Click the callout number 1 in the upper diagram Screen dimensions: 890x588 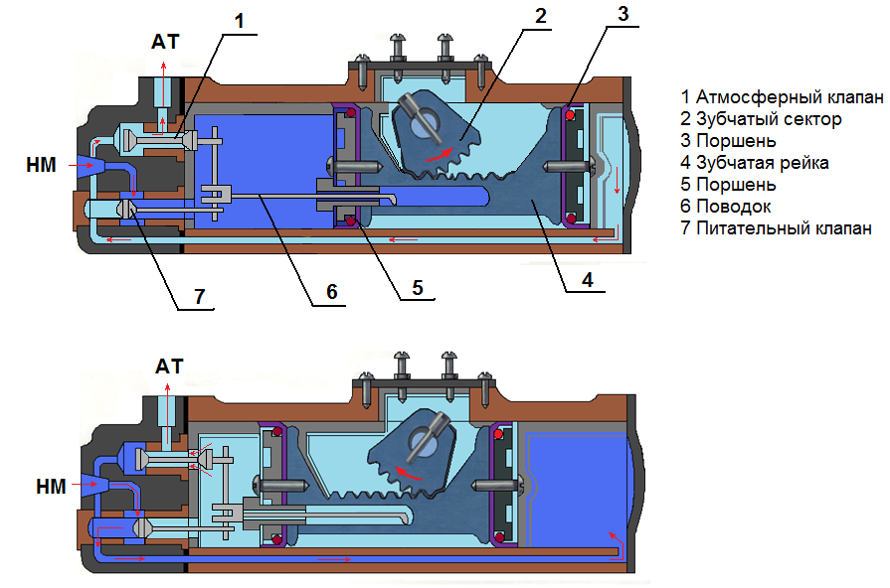tap(239, 21)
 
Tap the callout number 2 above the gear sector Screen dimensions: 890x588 tap(540, 15)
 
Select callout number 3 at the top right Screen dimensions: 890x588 tap(623, 14)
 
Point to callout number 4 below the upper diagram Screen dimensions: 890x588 tap(588, 279)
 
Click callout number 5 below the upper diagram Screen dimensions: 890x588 tap(418, 288)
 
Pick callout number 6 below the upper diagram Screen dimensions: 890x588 tap(332, 292)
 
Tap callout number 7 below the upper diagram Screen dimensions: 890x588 tap(199, 296)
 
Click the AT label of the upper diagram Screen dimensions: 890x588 tap(165, 42)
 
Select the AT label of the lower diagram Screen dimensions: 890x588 tap(169, 367)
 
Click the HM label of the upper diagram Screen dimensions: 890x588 tap(41, 165)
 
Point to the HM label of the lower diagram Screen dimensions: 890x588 tap(51, 487)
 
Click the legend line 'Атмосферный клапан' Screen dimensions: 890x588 tap(783, 97)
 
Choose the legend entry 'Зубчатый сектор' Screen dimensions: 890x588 tap(761, 119)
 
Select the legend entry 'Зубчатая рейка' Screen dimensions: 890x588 tap(755, 163)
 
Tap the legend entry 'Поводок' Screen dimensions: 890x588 tap(726, 207)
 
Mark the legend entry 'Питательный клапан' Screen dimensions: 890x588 tap(776, 227)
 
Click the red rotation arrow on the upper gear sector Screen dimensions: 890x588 tap(440, 154)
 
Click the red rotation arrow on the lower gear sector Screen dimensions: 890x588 tap(409, 474)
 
